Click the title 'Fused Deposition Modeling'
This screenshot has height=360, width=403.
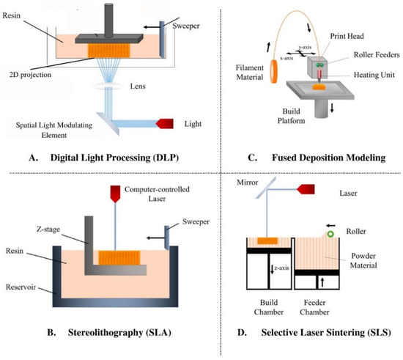point(311,156)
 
